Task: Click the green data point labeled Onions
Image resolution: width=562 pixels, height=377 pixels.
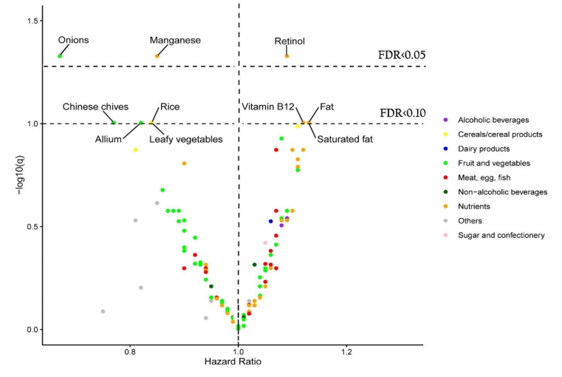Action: click(60, 56)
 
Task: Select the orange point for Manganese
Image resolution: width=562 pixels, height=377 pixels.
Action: click(157, 56)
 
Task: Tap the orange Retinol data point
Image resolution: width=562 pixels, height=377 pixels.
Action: click(287, 56)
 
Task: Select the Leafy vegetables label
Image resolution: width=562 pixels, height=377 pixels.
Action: click(185, 138)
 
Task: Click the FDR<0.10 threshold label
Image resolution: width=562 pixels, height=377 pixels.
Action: click(402, 113)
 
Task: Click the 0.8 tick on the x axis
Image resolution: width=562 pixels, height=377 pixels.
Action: click(130, 352)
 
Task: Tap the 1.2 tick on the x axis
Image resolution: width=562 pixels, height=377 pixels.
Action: click(346, 352)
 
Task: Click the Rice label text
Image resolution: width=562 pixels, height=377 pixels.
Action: click(170, 107)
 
